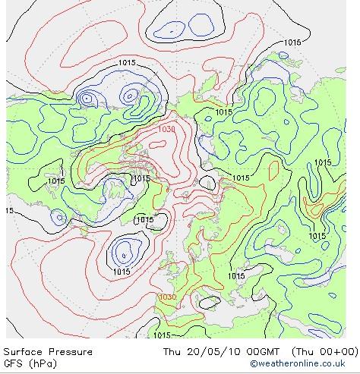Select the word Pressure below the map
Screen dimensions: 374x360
tap(71, 352)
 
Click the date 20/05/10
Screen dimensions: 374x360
tap(210, 352)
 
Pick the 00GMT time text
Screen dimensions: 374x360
tap(254, 352)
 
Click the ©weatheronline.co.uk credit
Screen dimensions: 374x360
tap(302, 363)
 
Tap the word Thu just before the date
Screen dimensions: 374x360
tap(172, 352)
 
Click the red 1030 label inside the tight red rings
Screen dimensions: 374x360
tap(167, 129)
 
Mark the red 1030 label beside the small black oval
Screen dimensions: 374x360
tap(167, 297)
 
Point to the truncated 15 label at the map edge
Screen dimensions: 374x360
tap(8, 210)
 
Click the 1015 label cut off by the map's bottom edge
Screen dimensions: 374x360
tap(162, 335)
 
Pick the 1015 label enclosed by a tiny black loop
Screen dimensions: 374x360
tap(144, 220)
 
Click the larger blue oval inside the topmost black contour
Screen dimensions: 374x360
tap(168, 29)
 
